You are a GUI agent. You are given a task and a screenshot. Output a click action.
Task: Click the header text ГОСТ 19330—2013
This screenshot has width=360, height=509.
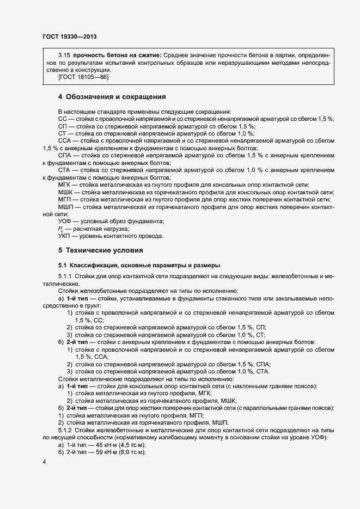pos(69,37)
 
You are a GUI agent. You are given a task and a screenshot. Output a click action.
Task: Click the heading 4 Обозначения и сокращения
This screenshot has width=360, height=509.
pos(112,97)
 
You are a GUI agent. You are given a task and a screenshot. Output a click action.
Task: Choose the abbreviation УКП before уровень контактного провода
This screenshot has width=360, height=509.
pos(65,236)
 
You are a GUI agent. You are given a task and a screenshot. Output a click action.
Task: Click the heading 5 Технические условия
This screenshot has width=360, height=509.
pos(101,250)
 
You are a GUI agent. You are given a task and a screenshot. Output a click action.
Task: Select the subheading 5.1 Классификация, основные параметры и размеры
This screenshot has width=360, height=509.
pos(139,265)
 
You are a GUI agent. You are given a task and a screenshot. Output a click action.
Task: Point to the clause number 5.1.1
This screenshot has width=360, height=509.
pos(66,277)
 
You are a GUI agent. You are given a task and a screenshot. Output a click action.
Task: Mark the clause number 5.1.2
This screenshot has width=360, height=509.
pos(66,430)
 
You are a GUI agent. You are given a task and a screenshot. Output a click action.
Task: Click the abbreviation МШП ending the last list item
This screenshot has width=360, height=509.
pos(219,422)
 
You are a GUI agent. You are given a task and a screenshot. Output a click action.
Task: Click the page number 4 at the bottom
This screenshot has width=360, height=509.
pos(44,462)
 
